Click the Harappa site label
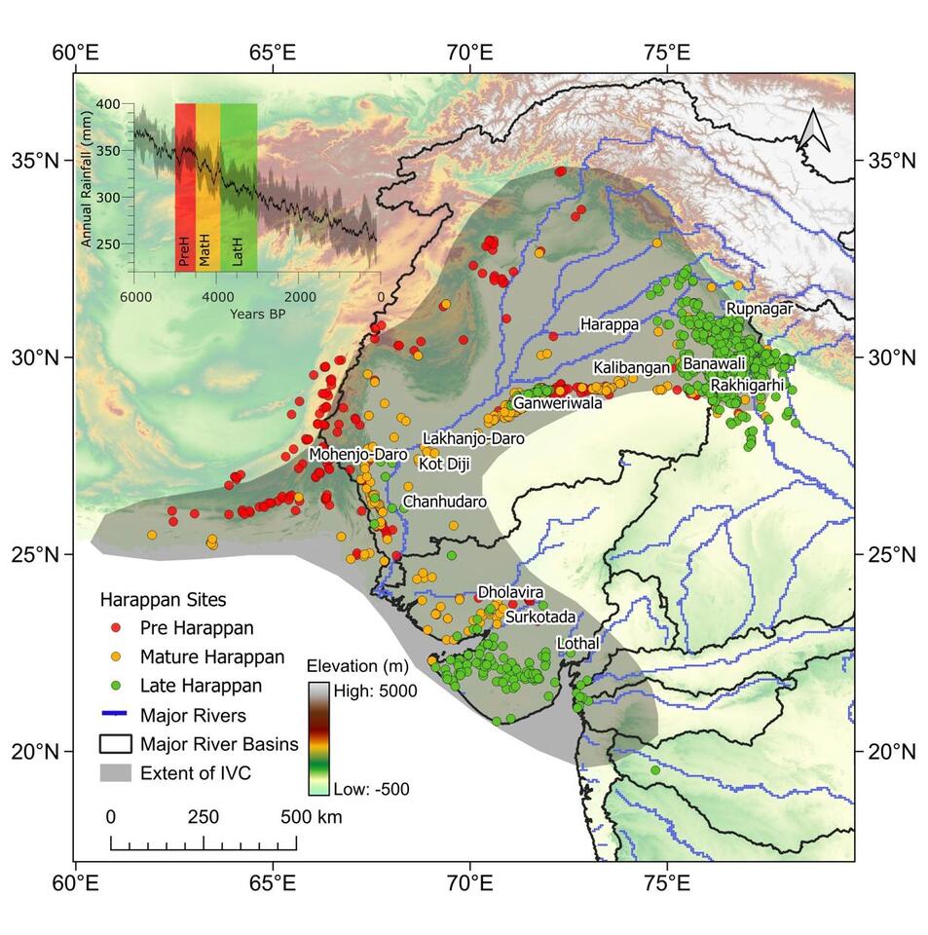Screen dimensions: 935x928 tap(610, 322)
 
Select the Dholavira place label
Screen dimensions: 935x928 tap(509, 592)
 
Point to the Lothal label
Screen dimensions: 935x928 tap(577, 644)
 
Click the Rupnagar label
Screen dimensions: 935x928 tap(760, 309)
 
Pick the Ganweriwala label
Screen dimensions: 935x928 tap(558, 402)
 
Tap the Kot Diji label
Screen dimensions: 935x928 tap(444, 465)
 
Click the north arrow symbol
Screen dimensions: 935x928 tap(812, 131)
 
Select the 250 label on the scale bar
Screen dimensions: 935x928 tap(204, 817)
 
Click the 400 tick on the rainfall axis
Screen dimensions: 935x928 tap(108, 104)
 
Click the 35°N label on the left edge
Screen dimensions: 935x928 tap(36, 159)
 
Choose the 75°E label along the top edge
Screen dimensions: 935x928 tap(667, 51)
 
